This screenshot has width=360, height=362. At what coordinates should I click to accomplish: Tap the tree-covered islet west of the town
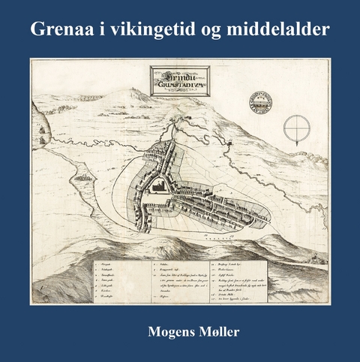point(82,179)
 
